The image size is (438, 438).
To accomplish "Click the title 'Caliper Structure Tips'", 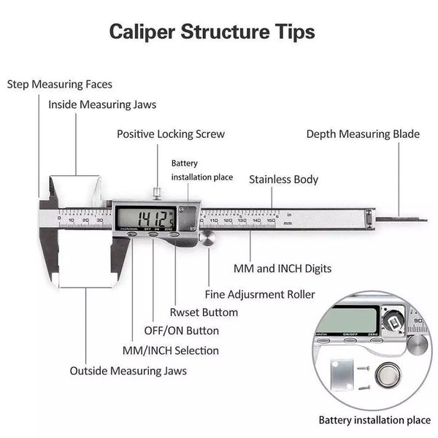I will click(212, 32).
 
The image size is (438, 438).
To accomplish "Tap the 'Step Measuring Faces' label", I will click(60, 85).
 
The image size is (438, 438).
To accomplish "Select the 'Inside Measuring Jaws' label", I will click(102, 104).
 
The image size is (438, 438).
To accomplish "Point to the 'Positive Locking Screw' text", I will click(171, 134).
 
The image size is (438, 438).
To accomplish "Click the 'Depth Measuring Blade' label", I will click(363, 134).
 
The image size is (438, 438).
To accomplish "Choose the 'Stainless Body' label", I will click(283, 179).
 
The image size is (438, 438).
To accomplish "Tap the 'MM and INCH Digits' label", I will click(283, 269).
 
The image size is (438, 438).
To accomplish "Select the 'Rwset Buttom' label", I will click(204, 312).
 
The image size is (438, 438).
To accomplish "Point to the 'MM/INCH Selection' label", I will click(165, 350).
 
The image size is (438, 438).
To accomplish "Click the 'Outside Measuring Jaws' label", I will click(128, 371).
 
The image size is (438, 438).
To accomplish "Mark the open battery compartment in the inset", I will click(394, 319).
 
